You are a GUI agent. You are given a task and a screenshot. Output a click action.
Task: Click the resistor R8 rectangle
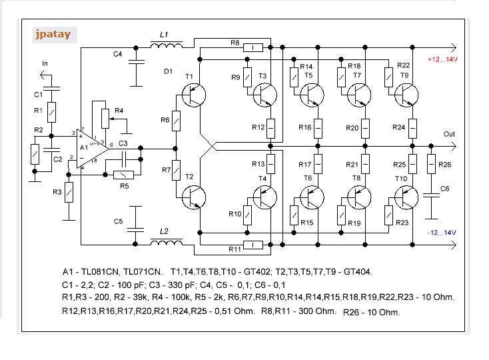click(x=254, y=48)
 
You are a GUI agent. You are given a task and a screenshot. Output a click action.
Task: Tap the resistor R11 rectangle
click(x=254, y=245)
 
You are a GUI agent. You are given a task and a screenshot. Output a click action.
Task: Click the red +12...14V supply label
click(x=442, y=60)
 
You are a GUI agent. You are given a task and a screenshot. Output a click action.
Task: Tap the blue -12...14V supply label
click(x=442, y=232)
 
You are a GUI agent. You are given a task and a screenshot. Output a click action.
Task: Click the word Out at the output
click(x=450, y=134)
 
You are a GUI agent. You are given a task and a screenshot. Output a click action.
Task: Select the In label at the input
click(x=45, y=63)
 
